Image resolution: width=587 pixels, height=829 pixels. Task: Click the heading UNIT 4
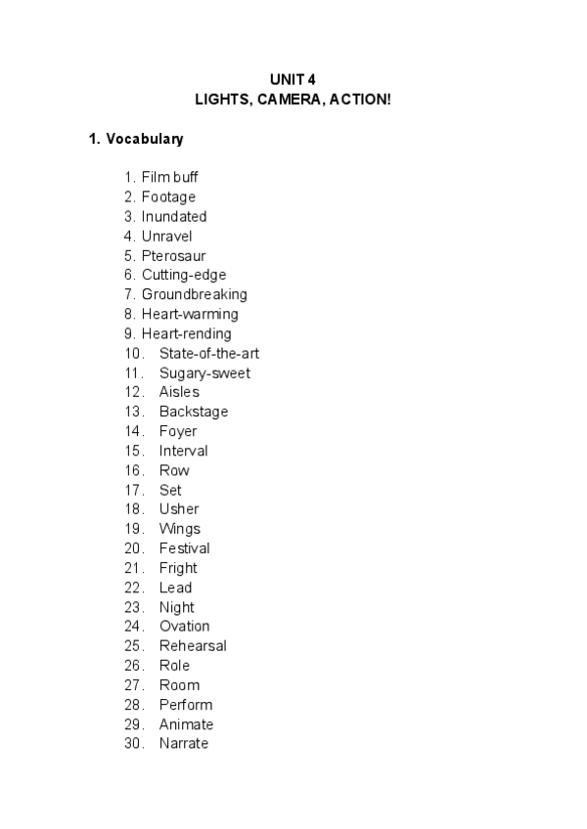coord(293,79)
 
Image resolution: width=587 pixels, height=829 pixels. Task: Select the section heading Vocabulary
coord(144,139)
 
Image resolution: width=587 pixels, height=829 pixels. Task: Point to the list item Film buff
coord(169,177)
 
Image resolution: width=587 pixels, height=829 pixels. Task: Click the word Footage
coord(168,196)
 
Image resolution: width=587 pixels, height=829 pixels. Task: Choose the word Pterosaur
coord(173,255)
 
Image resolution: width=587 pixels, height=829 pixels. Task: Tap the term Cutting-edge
coord(183,275)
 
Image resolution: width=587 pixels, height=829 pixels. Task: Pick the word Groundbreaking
coord(194,294)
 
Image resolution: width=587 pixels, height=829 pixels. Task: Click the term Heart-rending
coord(186,333)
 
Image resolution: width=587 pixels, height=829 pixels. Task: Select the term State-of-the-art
coord(209,353)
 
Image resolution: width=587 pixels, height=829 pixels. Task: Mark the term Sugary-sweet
coord(204,372)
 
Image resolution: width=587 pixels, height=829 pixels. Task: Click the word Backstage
coord(194,412)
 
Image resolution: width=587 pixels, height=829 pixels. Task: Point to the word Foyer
coord(178,431)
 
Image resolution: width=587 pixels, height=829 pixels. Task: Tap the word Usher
coord(179,509)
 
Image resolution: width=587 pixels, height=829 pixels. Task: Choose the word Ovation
coord(184,627)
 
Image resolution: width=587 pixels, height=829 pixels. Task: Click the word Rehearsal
coord(193,646)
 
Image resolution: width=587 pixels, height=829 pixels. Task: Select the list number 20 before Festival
coord(134,548)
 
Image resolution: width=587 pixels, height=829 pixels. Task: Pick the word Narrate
coord(184,744)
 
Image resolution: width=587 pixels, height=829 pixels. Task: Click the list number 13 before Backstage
coord(134,412)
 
